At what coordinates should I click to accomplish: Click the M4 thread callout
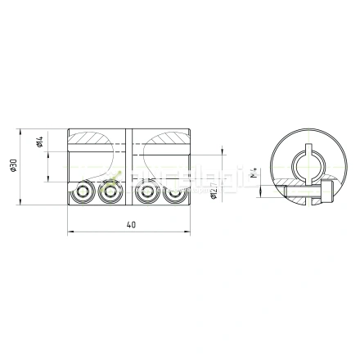(254, 172)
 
